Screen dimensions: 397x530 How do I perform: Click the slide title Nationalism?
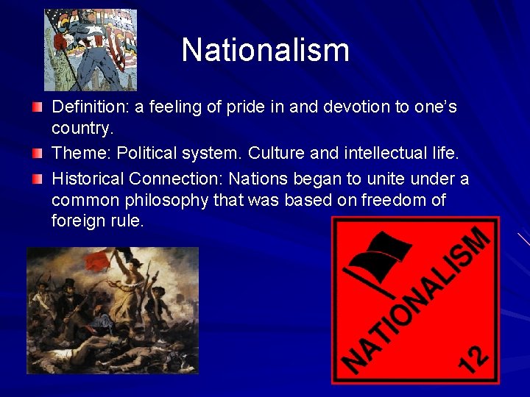(x=265, y=50)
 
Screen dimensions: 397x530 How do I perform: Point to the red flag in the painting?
(x=98, y=260)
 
